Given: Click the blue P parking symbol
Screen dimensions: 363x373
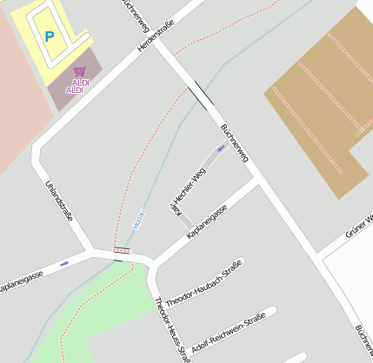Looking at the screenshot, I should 49,36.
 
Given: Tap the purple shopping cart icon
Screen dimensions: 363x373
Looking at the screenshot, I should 79,71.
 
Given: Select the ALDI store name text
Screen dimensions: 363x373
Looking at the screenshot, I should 77,86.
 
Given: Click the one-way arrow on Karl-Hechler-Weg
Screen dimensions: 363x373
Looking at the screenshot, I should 221,148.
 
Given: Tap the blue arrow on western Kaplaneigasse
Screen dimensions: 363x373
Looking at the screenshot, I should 64,262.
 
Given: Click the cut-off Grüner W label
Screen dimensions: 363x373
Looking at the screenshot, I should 359,224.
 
